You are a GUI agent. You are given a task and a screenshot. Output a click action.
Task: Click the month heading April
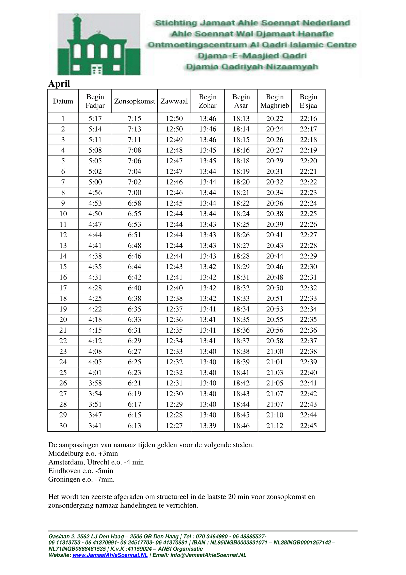tap(59, 84)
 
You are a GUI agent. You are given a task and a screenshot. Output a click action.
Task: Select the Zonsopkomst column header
tap(134, 101)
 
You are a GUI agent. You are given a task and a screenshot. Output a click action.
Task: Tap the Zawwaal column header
tap(174, 101)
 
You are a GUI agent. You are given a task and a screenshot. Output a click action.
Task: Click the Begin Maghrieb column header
tap(275, 101)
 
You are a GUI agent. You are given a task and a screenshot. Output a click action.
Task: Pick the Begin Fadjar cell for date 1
tap(95, 119)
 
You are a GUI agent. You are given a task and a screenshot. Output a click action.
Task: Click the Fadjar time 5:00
tap(95, 182)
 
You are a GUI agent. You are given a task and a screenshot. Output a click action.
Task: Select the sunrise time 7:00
tap(134, 193)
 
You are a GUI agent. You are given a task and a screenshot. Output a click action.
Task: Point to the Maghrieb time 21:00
tap(275, 351)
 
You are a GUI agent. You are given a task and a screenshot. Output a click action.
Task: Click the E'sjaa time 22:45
tap(308, 426)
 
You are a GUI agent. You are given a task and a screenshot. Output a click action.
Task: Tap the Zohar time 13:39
tap(208, 426)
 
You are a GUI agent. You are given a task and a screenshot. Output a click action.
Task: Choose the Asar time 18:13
tap(241, 119)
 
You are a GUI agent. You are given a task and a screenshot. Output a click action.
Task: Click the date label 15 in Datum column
tap(63, 267)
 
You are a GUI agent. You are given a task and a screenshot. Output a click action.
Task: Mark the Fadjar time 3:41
tap(95, 426)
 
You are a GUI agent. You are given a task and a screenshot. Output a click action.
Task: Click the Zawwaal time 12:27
tap(174, 426)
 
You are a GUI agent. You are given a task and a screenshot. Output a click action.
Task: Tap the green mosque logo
tap(99, 44)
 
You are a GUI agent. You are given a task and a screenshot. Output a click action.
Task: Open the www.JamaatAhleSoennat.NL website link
tap(110, 555)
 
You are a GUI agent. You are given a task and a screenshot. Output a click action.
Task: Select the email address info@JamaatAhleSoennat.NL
tap(208, 555)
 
